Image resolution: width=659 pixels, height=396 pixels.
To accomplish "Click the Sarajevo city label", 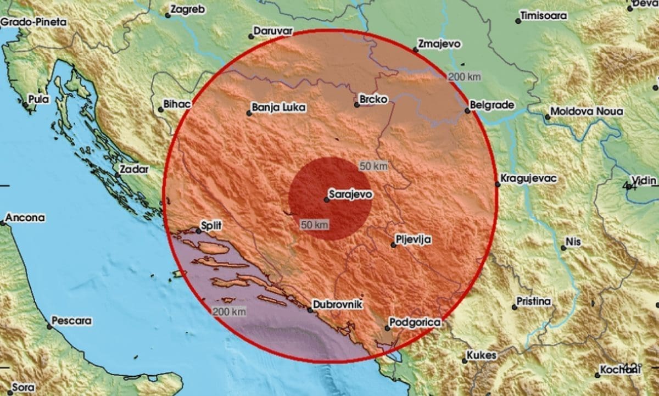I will (x=350, y=194).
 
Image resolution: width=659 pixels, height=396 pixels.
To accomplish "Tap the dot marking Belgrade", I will (x=467, y=111).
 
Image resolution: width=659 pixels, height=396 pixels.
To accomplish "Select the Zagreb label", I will (x=188, y=9).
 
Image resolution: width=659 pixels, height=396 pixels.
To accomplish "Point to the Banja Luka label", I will (x=278, y=108).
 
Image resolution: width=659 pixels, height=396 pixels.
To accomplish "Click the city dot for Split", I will (x=199, y=231).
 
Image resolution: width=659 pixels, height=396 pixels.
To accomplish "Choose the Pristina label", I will (x=533, y=302).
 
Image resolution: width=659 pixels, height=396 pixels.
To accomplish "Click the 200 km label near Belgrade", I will (x=464, y=77).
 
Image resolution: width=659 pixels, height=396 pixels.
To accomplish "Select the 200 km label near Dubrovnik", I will (x=229, y=311).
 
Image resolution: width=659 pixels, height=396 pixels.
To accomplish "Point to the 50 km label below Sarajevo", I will (x=314, y=224).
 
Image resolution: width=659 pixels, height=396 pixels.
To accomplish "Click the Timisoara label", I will (x=544, y=16).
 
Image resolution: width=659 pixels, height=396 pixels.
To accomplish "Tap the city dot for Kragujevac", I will (x=498, y=184).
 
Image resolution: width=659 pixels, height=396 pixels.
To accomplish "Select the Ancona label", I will (x=25, y=218).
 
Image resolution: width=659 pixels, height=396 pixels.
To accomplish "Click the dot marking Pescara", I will (x=49, y=326).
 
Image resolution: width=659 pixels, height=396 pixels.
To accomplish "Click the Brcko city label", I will (x=373, y=99).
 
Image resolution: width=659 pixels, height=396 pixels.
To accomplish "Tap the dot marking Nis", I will (x=563, y=248).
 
